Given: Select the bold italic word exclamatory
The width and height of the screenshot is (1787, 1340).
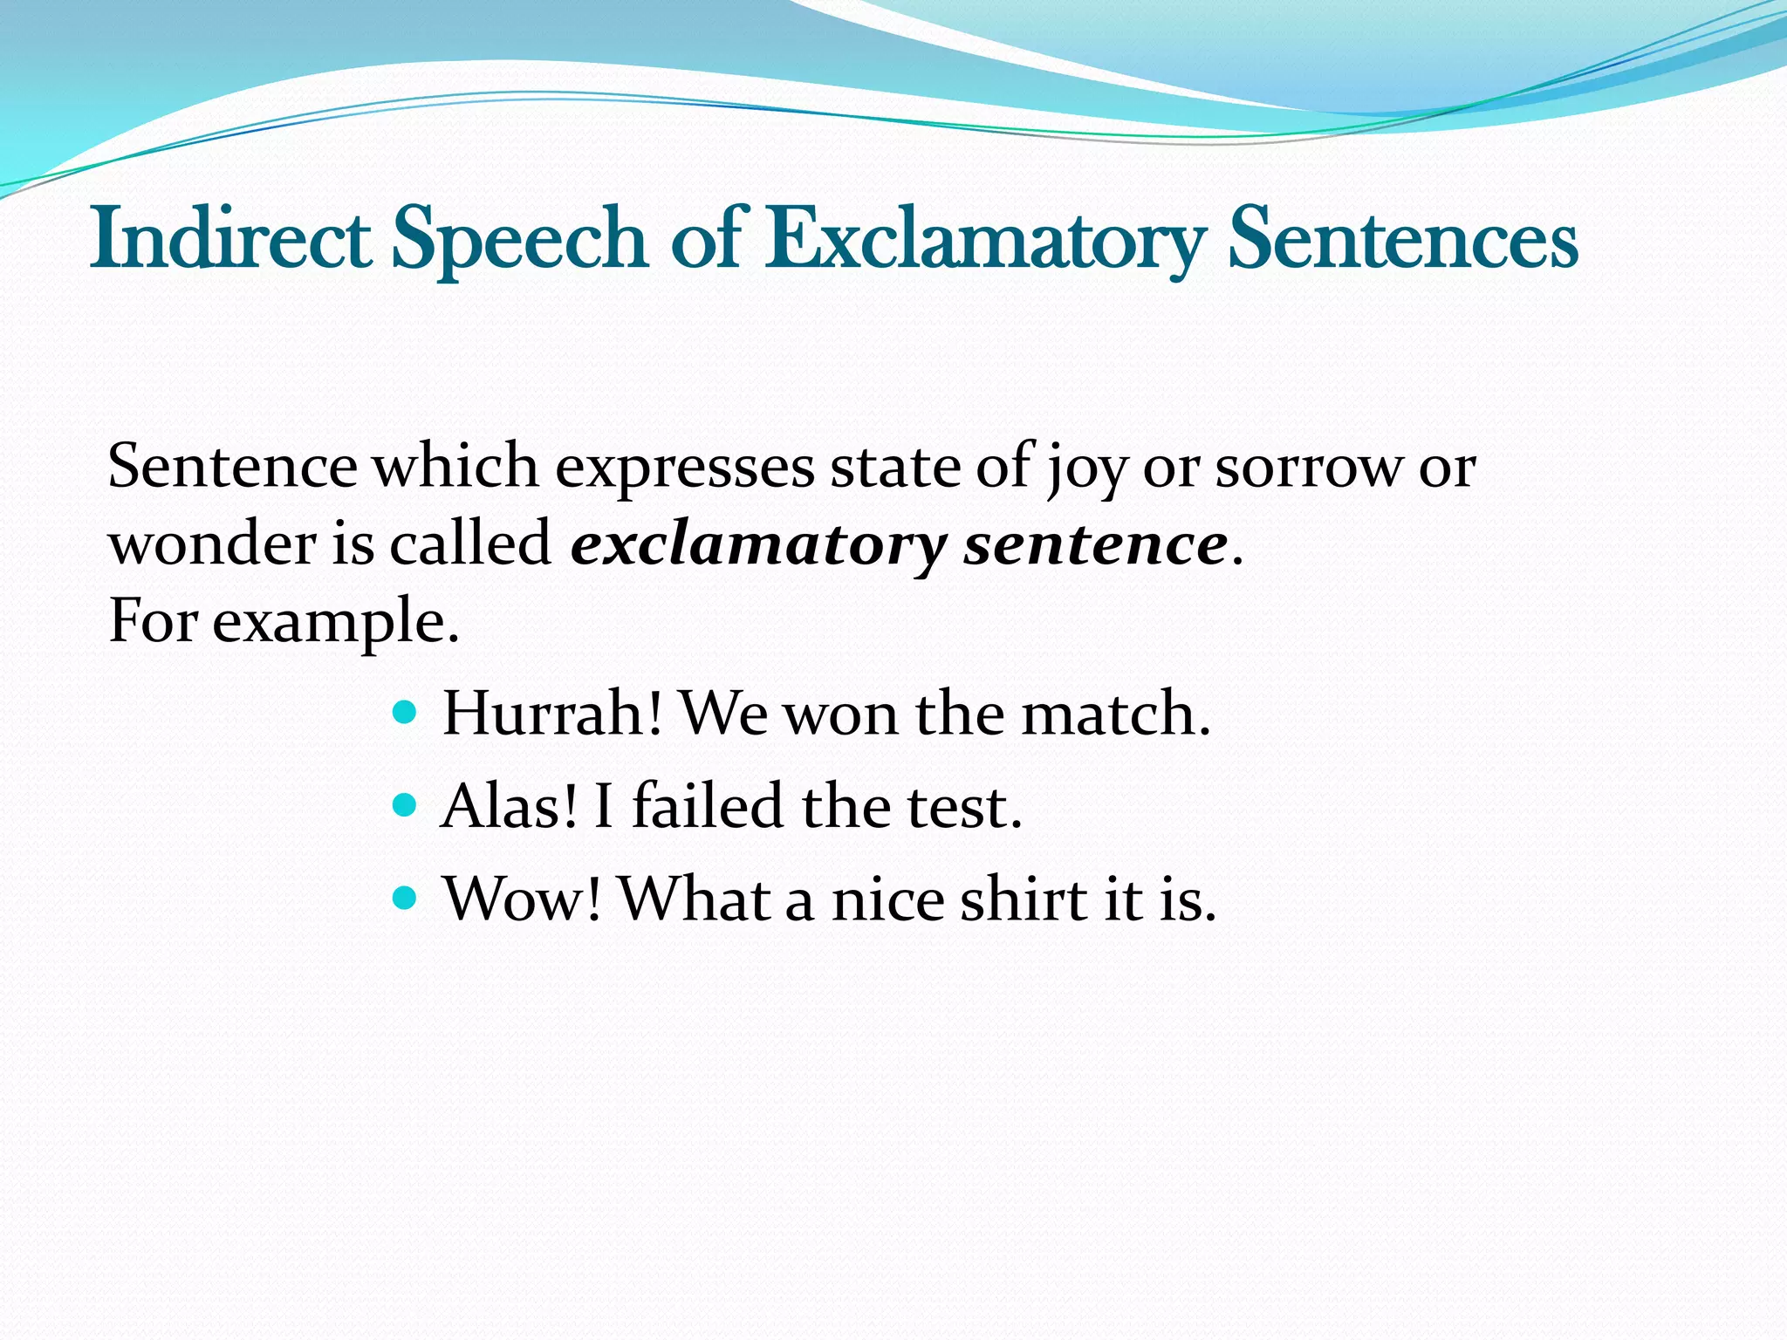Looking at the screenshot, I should (x=757, y=546).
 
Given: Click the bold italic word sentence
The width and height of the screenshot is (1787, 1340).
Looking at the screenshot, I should (x=1096, y=544).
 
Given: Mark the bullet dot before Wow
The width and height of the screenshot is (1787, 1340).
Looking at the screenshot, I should (x=404, y=896).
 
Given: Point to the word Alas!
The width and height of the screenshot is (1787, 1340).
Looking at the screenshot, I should (x=510, y=806).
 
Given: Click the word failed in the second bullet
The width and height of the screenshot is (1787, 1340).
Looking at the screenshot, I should (x=707, y=806).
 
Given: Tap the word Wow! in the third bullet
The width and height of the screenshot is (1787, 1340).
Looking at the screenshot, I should (x=522, y=899).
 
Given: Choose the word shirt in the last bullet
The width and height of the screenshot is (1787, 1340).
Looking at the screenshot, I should (x=1023, y=899).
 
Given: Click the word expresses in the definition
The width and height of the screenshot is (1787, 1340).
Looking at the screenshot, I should (x=684, y=469).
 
